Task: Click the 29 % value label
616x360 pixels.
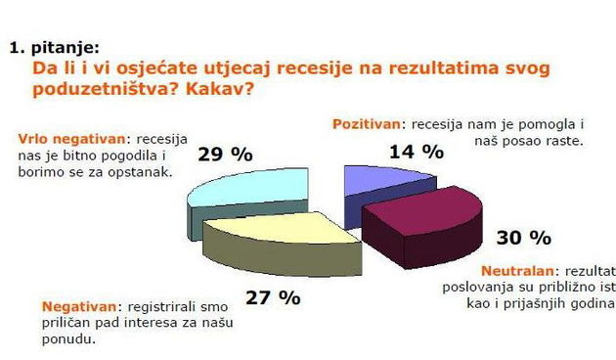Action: coord(224,154)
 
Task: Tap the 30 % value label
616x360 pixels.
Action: coord(524,238)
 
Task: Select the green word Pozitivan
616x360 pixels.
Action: coord(368,124)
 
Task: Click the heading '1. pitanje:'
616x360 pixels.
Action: coord(53,45)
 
